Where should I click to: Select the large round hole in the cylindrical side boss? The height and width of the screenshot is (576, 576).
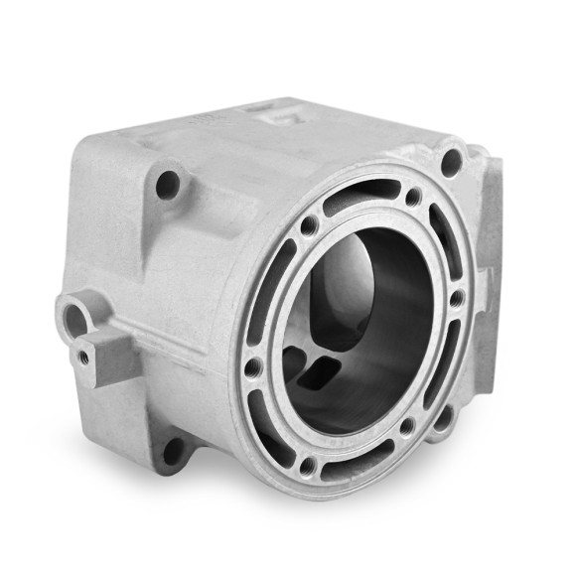[74, 317]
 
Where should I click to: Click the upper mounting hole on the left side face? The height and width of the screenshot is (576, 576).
[169, 183]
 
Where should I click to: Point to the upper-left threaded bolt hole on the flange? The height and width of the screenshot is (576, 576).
[310, 226]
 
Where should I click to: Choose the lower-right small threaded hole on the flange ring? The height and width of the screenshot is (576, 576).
[406, 427]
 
